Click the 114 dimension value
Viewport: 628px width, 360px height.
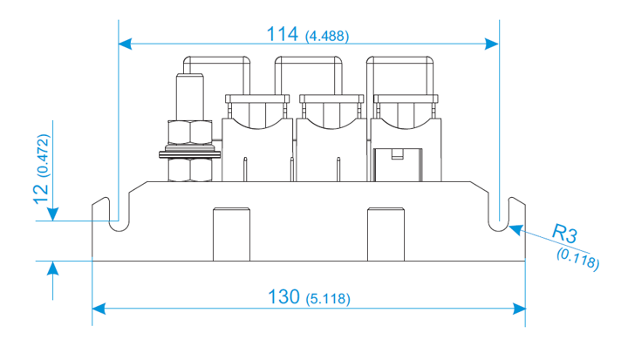click(282, 34)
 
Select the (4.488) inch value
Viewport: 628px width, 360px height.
click(327, 37)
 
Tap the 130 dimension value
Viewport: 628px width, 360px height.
click(283, 297)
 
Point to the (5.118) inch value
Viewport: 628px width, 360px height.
click(328, 299)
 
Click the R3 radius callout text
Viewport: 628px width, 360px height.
click(564, 234)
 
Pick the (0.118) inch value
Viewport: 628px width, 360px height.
click(578, 259)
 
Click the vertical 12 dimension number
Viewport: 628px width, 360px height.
click(41, 194)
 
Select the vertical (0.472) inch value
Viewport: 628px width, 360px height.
click(44, 155)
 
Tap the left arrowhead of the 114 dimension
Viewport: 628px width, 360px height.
click(125, 44)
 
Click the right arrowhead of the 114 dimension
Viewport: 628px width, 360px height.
click(492, 44)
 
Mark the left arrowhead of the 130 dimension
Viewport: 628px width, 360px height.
click(99, 309)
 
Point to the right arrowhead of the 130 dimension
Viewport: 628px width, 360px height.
click(519, 309)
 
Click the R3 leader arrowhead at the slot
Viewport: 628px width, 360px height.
click(515, 230)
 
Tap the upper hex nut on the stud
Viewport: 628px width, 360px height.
click(190, 132)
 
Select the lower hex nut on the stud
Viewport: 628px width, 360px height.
click(190, 170)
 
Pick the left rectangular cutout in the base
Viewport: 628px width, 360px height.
click(231, 234)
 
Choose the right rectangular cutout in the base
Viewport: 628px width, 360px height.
click(386, 234)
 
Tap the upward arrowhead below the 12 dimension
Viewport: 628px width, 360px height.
click(52, 268)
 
